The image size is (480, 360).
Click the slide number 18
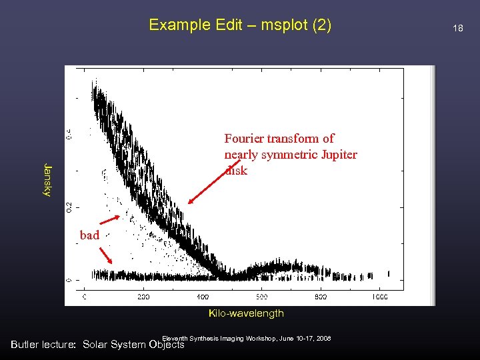pos(457,28)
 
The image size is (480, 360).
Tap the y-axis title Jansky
pos(47,179)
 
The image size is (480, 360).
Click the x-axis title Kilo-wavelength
pos(246,313)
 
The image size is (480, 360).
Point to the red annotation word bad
pos(89,235)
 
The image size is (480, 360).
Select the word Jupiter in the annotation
pos(335,155)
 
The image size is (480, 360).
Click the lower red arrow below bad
pos(106,256)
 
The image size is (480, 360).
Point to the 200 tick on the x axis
pos(143,296)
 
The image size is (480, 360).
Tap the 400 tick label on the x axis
pos(203,296)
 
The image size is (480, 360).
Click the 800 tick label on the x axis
pos(321,296)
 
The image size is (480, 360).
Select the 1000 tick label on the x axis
pos(380,296)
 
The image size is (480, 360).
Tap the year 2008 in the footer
pos(323,339)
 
